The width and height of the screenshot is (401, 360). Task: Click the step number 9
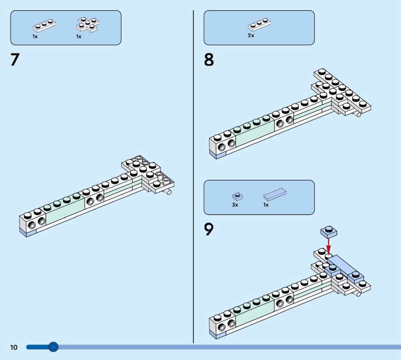pyautogui.click(x=209, y=230)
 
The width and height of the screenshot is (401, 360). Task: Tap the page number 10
pyautogui.click(x=13, y=347)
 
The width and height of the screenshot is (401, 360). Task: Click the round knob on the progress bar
pyautogui.click(x=53, y=346)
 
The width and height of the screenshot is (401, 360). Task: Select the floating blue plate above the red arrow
pyautogui.click(x=329, y=231)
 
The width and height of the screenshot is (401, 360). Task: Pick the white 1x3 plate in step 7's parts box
pyautogui.click(x=44, y=25)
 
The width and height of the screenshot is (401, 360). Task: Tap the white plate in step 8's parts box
pyautogui.click(x=259, y=25)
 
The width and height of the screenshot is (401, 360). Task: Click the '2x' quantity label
pyautogui.click(x=251, y=36)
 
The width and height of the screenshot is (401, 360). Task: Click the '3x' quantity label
pyautogui.click(x=235, y=205)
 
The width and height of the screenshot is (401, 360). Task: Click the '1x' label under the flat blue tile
pyautogui.click(x=266, y=205)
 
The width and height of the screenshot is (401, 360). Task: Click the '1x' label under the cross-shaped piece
pyautogui.click(x=79, y=36)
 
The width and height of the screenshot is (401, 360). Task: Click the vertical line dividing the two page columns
pyautogui.click(x=193, y=175)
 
